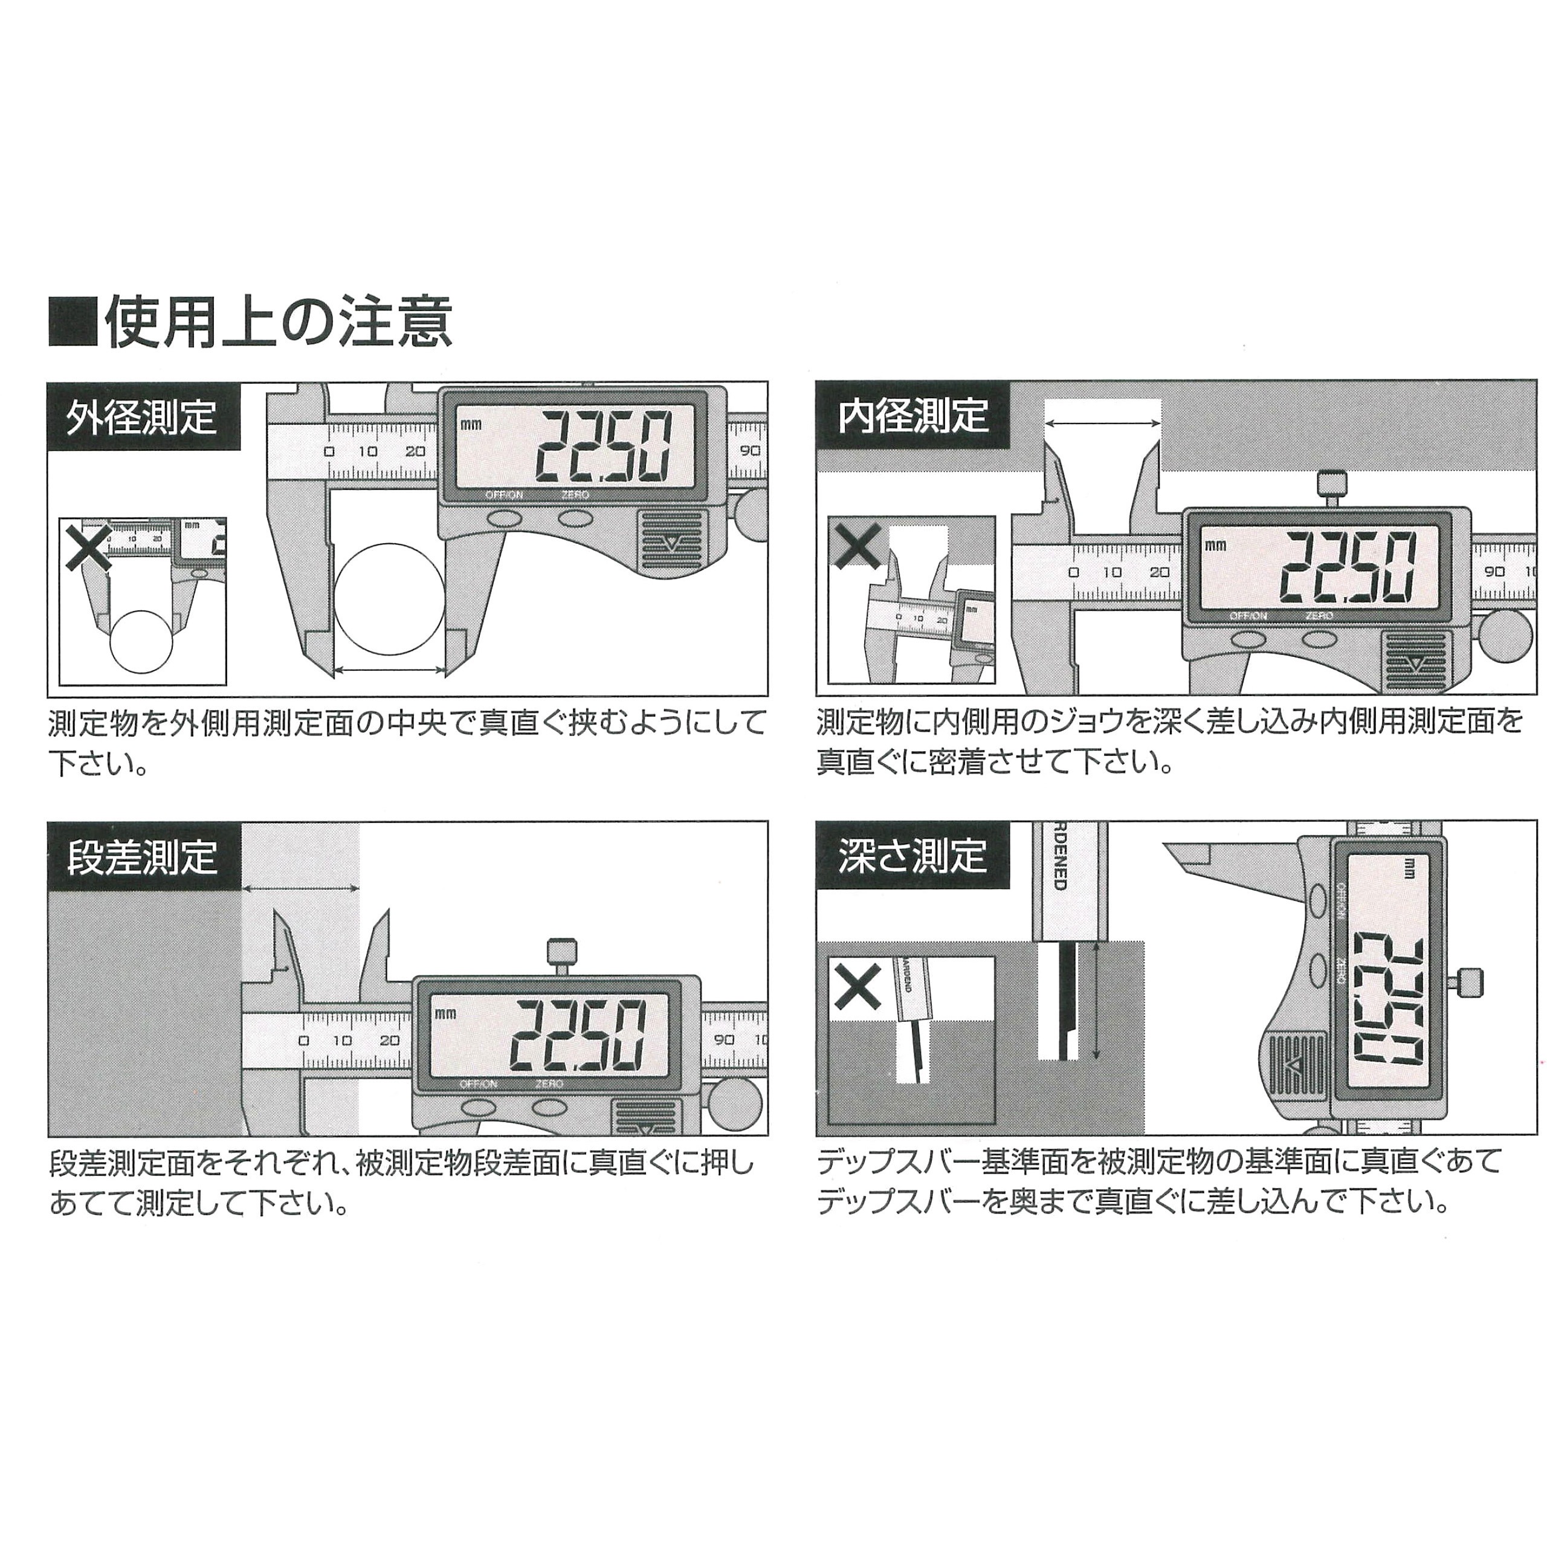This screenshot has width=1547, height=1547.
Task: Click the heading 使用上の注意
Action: pos(278,322)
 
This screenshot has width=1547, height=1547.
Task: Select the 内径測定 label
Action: pos(913,416)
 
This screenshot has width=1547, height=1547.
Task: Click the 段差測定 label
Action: pos(142,857)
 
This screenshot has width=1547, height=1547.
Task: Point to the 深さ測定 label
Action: pos(913,856)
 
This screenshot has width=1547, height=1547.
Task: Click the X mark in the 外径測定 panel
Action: pos(89,546)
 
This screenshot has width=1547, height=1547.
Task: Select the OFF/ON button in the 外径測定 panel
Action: pos(503,518)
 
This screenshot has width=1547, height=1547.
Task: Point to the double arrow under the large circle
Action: pos(389,671)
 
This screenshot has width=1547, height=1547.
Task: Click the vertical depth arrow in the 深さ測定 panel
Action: pos(1096,1001)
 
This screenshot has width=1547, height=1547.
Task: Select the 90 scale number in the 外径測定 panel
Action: pos(749,451)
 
